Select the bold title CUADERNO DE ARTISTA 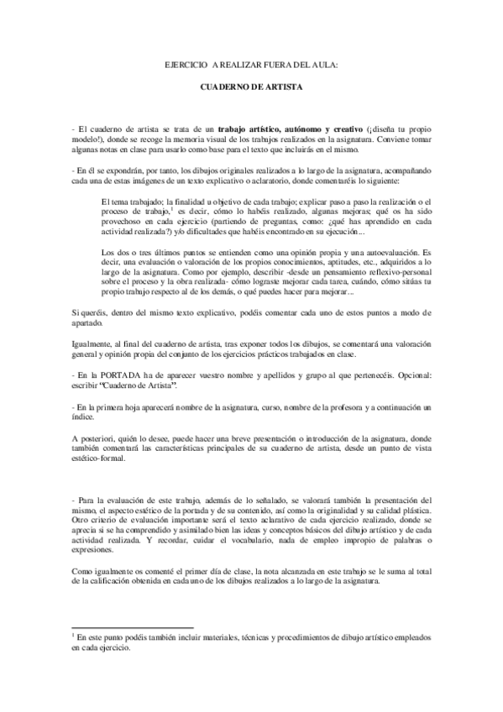(252, 87)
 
